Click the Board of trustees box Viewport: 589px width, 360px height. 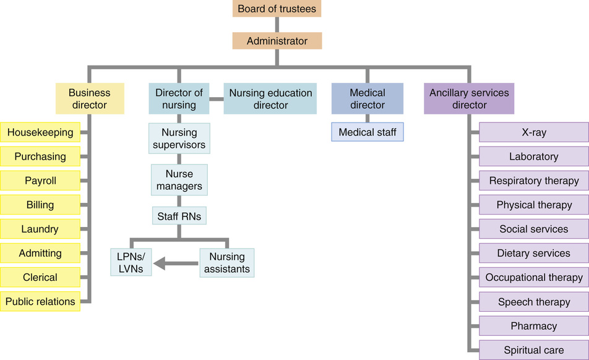point(277,9)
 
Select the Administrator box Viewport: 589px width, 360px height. point(277,41)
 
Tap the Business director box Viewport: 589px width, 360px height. point(90,99)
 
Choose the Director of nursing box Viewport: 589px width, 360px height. point(179,99)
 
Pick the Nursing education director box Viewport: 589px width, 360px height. point(270,99)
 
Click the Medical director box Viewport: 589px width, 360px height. point(368,99)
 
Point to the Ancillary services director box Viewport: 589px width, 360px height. point(469,99)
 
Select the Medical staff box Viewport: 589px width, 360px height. point(368,132)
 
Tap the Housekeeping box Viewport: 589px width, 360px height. point(40,132)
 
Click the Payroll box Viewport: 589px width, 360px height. point(40,181)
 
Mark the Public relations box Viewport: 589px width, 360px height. point(40,302)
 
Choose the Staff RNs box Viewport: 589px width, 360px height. point(179,216)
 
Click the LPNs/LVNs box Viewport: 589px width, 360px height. point(131,262)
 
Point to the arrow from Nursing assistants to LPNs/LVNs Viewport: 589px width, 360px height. point(176,264)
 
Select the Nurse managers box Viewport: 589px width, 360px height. point(179,179)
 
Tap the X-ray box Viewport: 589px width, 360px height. point(534,132)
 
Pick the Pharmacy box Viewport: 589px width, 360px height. point(534,326)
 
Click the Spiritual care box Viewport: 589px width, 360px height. point(534,350)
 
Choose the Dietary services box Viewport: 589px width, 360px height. point(534,253)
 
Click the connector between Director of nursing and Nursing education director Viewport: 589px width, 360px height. point(216,99)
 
